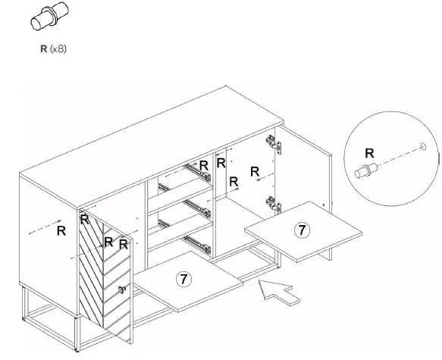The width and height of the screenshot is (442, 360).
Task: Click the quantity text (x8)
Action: (58, 48)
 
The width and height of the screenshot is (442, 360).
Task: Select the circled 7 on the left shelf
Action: (184, 278)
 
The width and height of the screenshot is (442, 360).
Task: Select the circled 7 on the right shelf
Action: (301, 228)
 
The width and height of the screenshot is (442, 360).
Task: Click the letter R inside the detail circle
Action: (370, 152)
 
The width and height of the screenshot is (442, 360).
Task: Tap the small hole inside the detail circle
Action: (422, 143)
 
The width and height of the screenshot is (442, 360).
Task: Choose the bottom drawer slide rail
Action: (199, 243)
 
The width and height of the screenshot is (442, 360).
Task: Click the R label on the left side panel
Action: (61, 232)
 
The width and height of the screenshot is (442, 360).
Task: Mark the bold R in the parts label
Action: (44, 48)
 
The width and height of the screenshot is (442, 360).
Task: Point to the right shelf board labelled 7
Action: (303, 231)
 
